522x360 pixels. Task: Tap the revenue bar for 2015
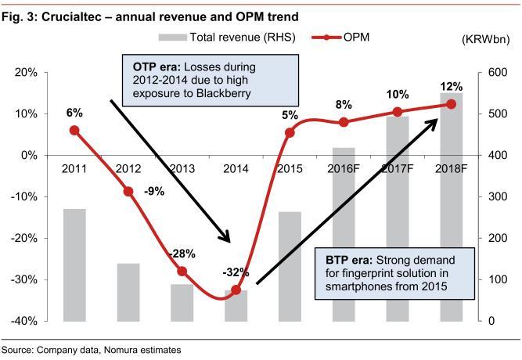[x=290, y=266]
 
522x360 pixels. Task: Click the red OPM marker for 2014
[x=236, y=290]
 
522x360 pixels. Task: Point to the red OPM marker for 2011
[x=74, y=130]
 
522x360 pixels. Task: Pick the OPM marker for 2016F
[x=344, y=122]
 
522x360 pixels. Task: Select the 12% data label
[x=452, y=87]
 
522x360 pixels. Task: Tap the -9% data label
[x=153, y=190]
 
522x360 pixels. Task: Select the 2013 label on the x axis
[x=182, y=167]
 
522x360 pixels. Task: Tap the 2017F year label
[x=398, y=167]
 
